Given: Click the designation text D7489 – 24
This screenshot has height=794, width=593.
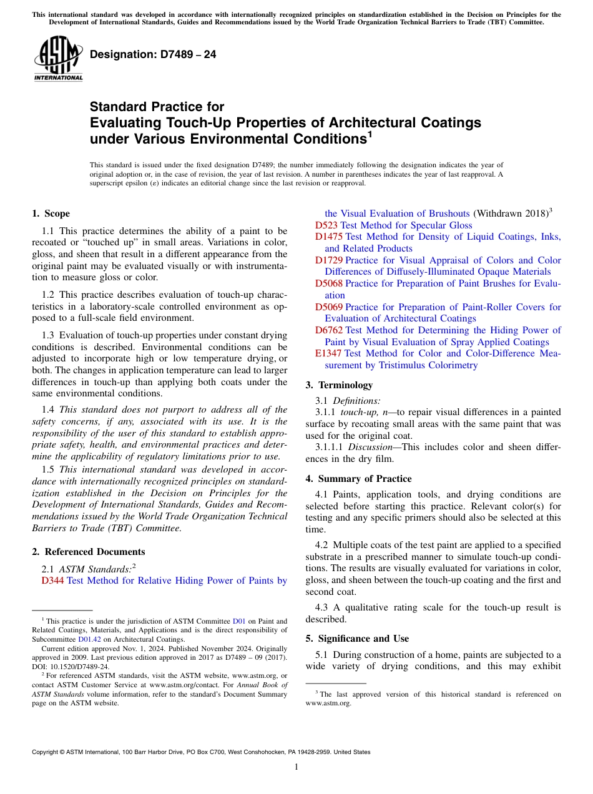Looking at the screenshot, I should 153,54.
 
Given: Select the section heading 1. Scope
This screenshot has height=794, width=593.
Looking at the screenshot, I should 51,213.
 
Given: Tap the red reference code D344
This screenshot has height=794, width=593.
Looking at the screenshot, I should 52,581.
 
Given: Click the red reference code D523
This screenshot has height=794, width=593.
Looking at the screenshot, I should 326,225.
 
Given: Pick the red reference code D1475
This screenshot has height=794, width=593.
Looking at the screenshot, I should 328,237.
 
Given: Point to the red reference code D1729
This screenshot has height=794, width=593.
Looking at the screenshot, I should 328,260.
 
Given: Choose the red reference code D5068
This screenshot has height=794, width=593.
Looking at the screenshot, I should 328,283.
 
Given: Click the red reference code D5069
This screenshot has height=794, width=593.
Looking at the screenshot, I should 328,307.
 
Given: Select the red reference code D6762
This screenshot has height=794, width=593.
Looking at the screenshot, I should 328,330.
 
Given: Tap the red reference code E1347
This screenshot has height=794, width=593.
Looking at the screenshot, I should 328,353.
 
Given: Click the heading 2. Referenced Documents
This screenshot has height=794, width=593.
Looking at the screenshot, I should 88,552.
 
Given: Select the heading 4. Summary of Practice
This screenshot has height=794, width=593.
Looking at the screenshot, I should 358,479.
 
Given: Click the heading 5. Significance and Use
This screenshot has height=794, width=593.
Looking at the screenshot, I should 357,639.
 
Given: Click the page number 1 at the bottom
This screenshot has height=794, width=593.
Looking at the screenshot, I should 296,767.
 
